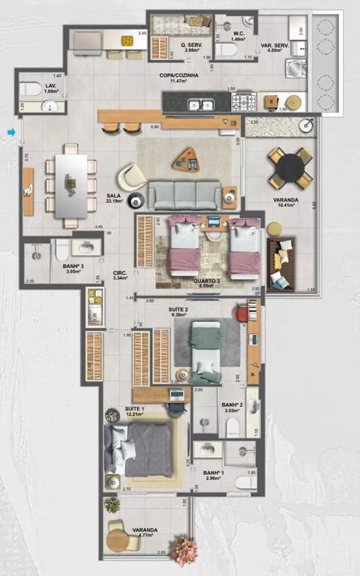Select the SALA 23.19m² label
[113, 199]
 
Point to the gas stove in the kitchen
[244, 103]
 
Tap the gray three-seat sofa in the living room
[184, 195]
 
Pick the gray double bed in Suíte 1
[144, 449]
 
